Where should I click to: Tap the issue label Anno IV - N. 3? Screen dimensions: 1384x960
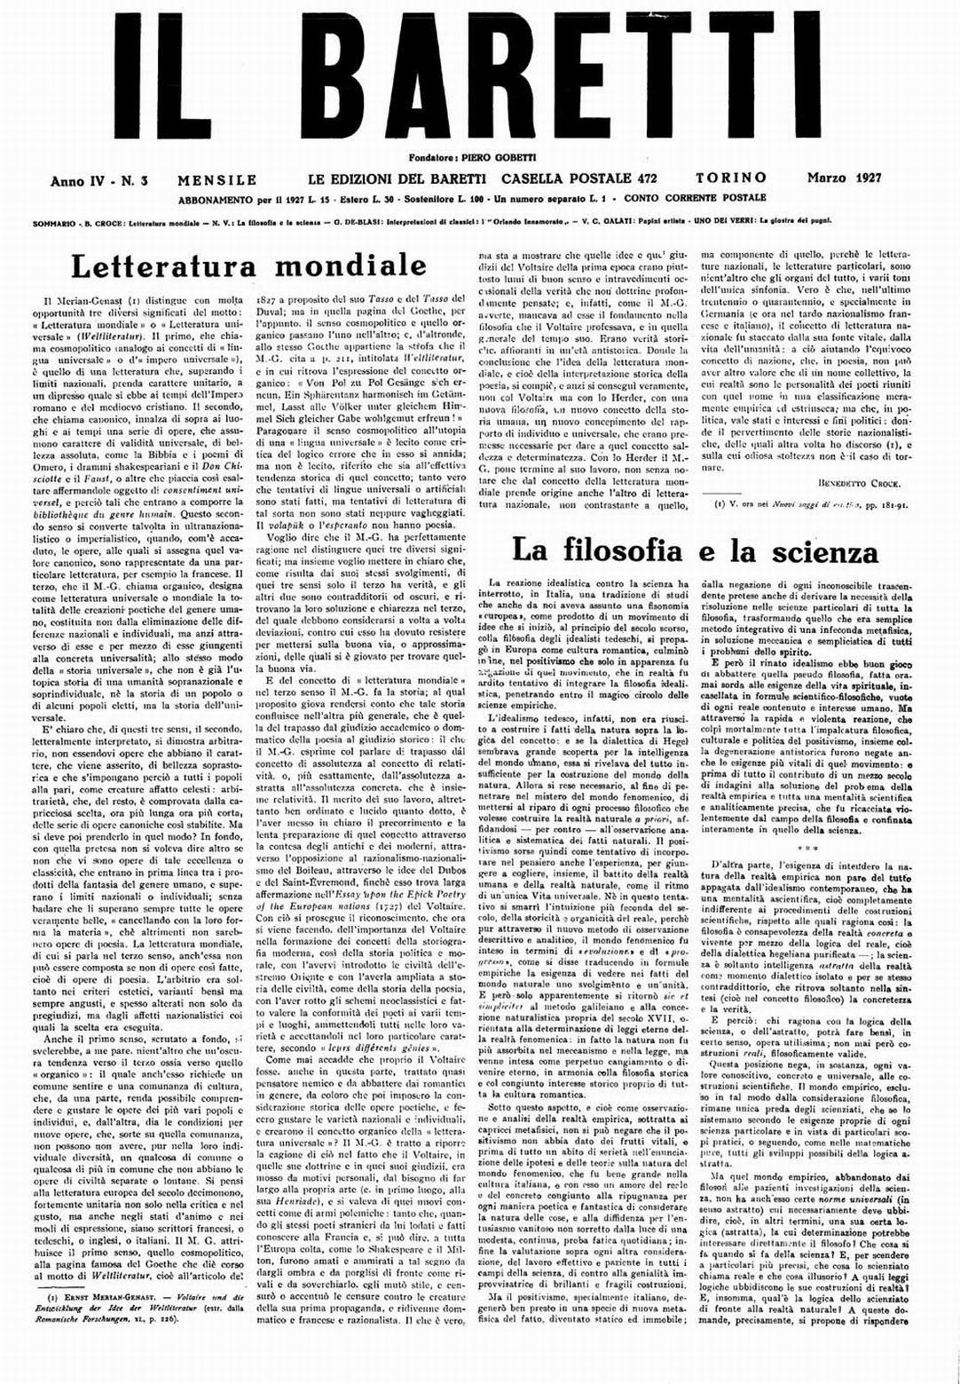[98, 180]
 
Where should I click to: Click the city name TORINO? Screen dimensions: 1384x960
[731, 178]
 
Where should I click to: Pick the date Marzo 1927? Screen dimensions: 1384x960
[844, 178]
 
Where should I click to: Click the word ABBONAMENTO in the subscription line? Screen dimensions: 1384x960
[220, 199]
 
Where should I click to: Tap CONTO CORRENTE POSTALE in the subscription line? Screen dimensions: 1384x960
[695, 198]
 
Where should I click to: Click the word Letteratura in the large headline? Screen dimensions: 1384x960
[165, 265]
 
